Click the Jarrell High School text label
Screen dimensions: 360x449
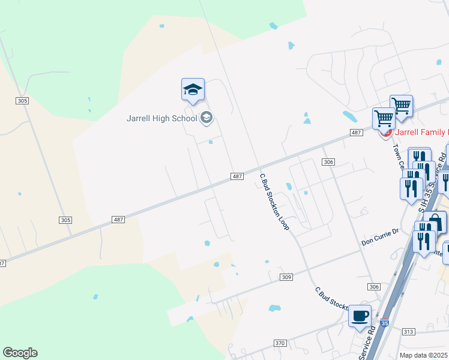point(161,118)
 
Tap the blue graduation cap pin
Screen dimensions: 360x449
point(193,90)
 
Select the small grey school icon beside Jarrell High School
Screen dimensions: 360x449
point(206,118)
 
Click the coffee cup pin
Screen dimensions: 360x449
point(360,316)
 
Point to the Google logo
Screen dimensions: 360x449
point(20,353)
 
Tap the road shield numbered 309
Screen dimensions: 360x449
point(286,277)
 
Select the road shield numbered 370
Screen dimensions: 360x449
point(280,343)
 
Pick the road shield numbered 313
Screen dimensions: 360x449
point(408,331)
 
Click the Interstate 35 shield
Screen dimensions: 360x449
point(385,323)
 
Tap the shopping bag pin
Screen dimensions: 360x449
point(436,223)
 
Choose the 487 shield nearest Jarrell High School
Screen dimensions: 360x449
point(237,176)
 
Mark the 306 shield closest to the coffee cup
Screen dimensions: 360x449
point(375,287)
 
